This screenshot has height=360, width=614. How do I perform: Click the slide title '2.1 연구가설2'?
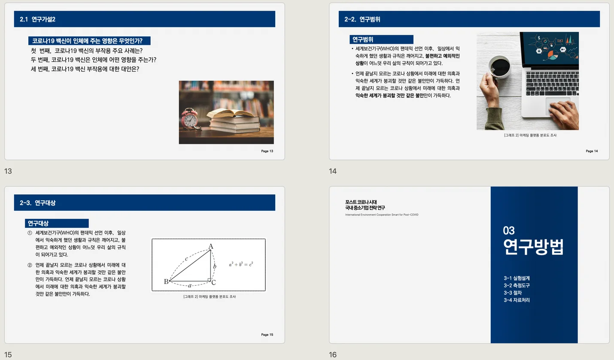point(38,19)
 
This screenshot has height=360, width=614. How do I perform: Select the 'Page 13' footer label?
point(267,151)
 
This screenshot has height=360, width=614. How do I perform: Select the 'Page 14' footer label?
point(591,151)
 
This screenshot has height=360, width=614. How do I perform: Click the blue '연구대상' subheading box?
point(57,224)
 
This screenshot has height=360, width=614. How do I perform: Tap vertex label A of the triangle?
point(210,246)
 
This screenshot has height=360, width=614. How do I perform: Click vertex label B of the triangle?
point(166,282)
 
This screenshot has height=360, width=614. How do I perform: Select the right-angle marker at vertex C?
point(209,280)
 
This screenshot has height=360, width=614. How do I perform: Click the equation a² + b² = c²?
point(240,264)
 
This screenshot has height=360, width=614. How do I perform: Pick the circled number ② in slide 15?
point(30,265)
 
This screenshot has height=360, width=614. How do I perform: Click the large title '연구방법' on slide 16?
point(533,247)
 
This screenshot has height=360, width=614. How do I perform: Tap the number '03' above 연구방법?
point(509,230)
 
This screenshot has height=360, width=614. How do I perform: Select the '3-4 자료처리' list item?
point(517,300)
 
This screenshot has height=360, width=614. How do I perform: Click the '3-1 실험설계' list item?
point(517,278)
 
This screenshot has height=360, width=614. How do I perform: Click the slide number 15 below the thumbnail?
point(8,354)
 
